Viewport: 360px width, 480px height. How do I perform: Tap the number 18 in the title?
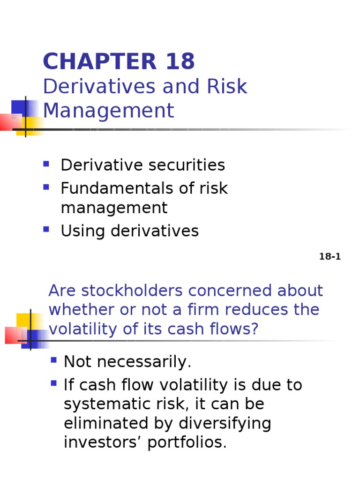(180, 62)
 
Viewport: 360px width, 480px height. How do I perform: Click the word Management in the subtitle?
(108, 111)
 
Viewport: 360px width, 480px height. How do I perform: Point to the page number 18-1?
(330, 257)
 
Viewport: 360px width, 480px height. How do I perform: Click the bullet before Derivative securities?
(46, 164)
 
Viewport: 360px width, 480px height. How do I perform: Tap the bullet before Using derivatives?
(46, 229)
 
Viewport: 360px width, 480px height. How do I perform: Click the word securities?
(187, 165)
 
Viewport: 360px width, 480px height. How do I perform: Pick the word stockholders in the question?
(127, 291)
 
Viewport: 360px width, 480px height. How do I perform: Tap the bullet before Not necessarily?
(53, 360)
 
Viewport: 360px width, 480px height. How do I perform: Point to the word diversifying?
(225, 423)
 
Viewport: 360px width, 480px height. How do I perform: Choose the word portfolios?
(187, 442)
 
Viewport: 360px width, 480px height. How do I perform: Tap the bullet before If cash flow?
(53, 383)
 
